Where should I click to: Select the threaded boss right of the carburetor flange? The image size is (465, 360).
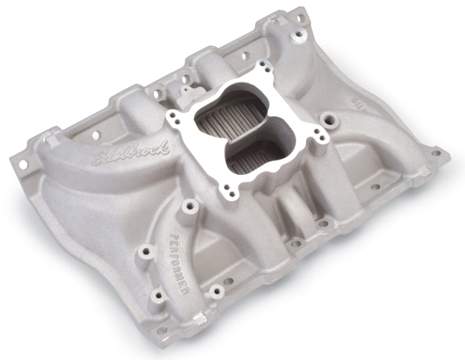[333, 123]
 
